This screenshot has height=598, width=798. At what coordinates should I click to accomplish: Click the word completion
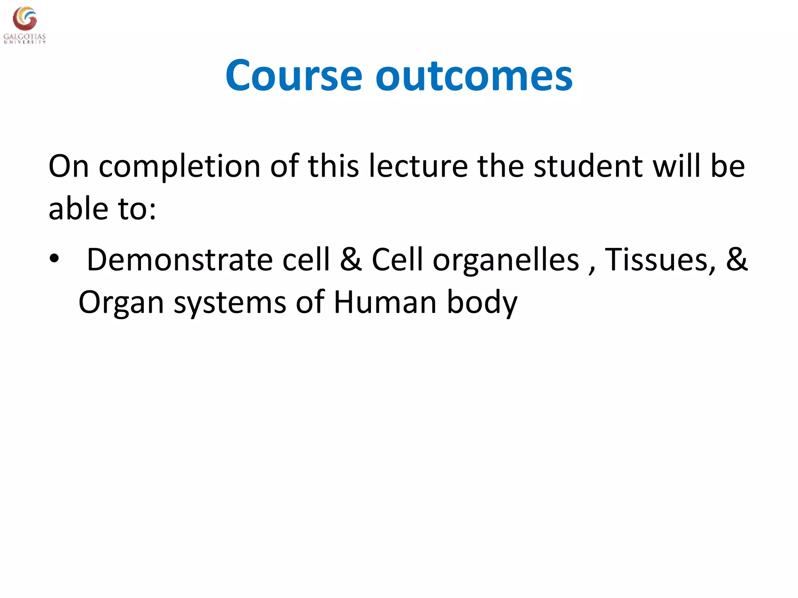tap(179, 167)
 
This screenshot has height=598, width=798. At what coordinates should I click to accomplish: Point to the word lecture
tap(418, 166)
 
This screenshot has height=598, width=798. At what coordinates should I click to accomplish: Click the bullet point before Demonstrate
tap(54, 259)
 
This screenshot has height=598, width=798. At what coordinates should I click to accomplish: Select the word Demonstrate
tap(179, 260)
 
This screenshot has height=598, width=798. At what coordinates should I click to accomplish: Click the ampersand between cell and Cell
tap(351, 260)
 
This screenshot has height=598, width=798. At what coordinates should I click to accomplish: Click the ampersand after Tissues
tap(736, 260)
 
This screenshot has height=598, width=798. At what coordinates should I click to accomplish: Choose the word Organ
tap(121, 303)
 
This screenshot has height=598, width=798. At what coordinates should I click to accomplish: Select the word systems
tap(230, 303)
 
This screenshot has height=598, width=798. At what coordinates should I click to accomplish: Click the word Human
tap(385, 302)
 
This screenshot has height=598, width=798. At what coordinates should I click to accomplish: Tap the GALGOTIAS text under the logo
tap(25, 37)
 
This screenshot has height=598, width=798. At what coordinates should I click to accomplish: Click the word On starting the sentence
tap(69, 167)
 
